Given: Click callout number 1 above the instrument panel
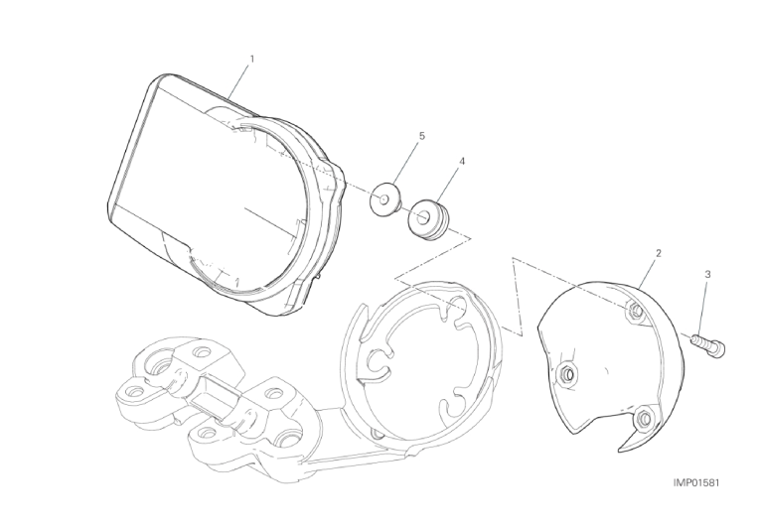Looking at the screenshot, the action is coord(251,60).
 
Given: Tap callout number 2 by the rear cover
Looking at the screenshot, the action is coord(659,253).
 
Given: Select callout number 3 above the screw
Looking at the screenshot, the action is coord(707,275).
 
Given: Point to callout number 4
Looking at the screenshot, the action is coord(462,161).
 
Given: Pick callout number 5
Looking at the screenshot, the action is coord(421,136).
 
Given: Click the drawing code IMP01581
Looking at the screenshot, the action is coord(696,483).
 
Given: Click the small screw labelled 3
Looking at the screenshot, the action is coord(707,344).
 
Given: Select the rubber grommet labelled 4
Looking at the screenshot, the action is coord(428,219).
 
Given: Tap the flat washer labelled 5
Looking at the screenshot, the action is coord(385,199).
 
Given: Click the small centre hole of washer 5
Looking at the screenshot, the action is coord(383,198).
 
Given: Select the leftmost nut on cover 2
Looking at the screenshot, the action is coord(567,373).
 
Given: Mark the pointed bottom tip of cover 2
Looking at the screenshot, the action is coord(621,452).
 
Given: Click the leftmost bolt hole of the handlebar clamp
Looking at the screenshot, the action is coord(132,389).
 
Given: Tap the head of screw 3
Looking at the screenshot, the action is coord(718,348).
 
